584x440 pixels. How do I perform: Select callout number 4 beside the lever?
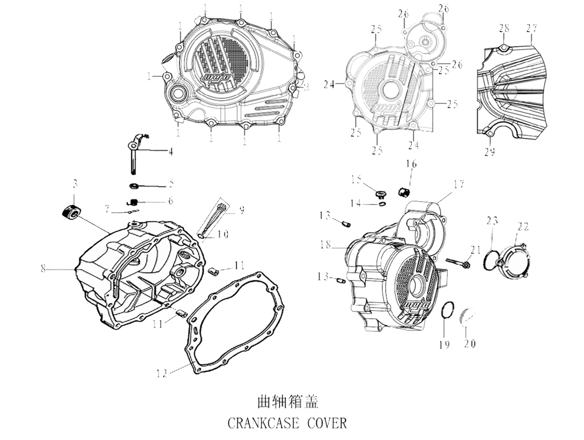(x=170, y=151)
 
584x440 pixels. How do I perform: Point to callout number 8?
(x=43, y=268)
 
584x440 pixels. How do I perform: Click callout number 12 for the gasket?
(x=162, y=373)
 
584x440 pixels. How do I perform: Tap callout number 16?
(x=411, y=165)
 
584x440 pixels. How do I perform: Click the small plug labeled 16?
(x=403, y=192)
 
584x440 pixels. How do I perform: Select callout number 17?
(x=459, y=185)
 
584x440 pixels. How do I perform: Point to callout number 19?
(x=444, y=344)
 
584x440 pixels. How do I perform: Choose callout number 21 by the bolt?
(x=475, y=250)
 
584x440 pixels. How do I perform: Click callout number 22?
(x=523, y=227)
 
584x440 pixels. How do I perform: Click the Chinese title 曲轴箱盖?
(x=287, y=402)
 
